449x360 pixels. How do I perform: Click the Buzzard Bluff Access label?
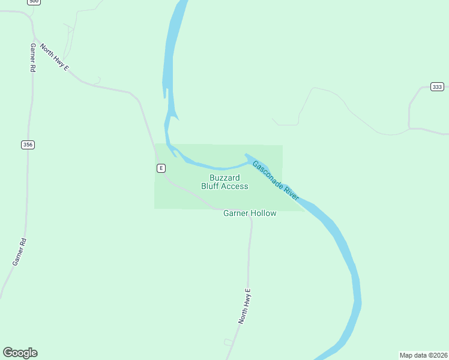tap(224, 182)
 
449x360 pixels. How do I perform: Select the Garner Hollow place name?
tap(250, 213)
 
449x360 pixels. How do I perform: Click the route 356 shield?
tap(27, 145)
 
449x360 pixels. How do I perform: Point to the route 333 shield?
tap(437, 87)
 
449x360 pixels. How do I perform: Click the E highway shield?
tap(161, 168)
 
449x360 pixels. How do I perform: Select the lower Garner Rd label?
tap(19, 252)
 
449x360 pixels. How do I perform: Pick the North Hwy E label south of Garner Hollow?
tap(244, 306)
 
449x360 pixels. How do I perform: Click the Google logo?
tap(20, 353)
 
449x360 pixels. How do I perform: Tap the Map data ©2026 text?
tap(423, 355)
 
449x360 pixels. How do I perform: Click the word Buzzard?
tap(224, 178)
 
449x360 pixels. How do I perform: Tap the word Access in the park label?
tap(235, 186)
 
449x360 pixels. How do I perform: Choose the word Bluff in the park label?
tap(210, 186)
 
